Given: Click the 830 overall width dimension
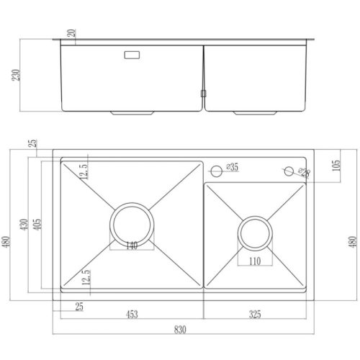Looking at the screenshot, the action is point(180,329).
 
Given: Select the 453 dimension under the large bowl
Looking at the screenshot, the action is point(132,314).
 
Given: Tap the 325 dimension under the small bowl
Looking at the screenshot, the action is point(255,314).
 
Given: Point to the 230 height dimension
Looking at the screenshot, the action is point(16,75).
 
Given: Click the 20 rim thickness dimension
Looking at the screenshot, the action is point(71,33).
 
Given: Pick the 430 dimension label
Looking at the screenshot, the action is point(24,225).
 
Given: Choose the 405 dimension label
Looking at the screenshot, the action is point(37,225).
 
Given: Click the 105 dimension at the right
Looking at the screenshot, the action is point(336,166).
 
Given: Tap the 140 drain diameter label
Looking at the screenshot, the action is point(132,246).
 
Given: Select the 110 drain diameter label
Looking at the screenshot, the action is point(255,261).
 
